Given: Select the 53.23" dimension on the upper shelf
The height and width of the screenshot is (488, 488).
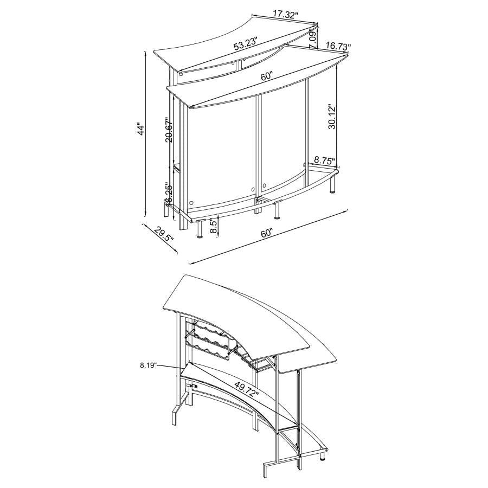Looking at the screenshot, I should tap(246, 44).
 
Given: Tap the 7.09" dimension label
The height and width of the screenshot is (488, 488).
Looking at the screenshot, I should tap(313, 39).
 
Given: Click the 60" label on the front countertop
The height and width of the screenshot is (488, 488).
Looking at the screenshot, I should tap(267, 76).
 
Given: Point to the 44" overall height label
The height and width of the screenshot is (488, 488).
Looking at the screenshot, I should tap(142, 130).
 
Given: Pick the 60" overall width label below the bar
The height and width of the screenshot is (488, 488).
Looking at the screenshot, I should tap(266, 234).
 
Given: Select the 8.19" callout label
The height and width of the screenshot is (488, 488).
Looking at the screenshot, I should tap(147, 366).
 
